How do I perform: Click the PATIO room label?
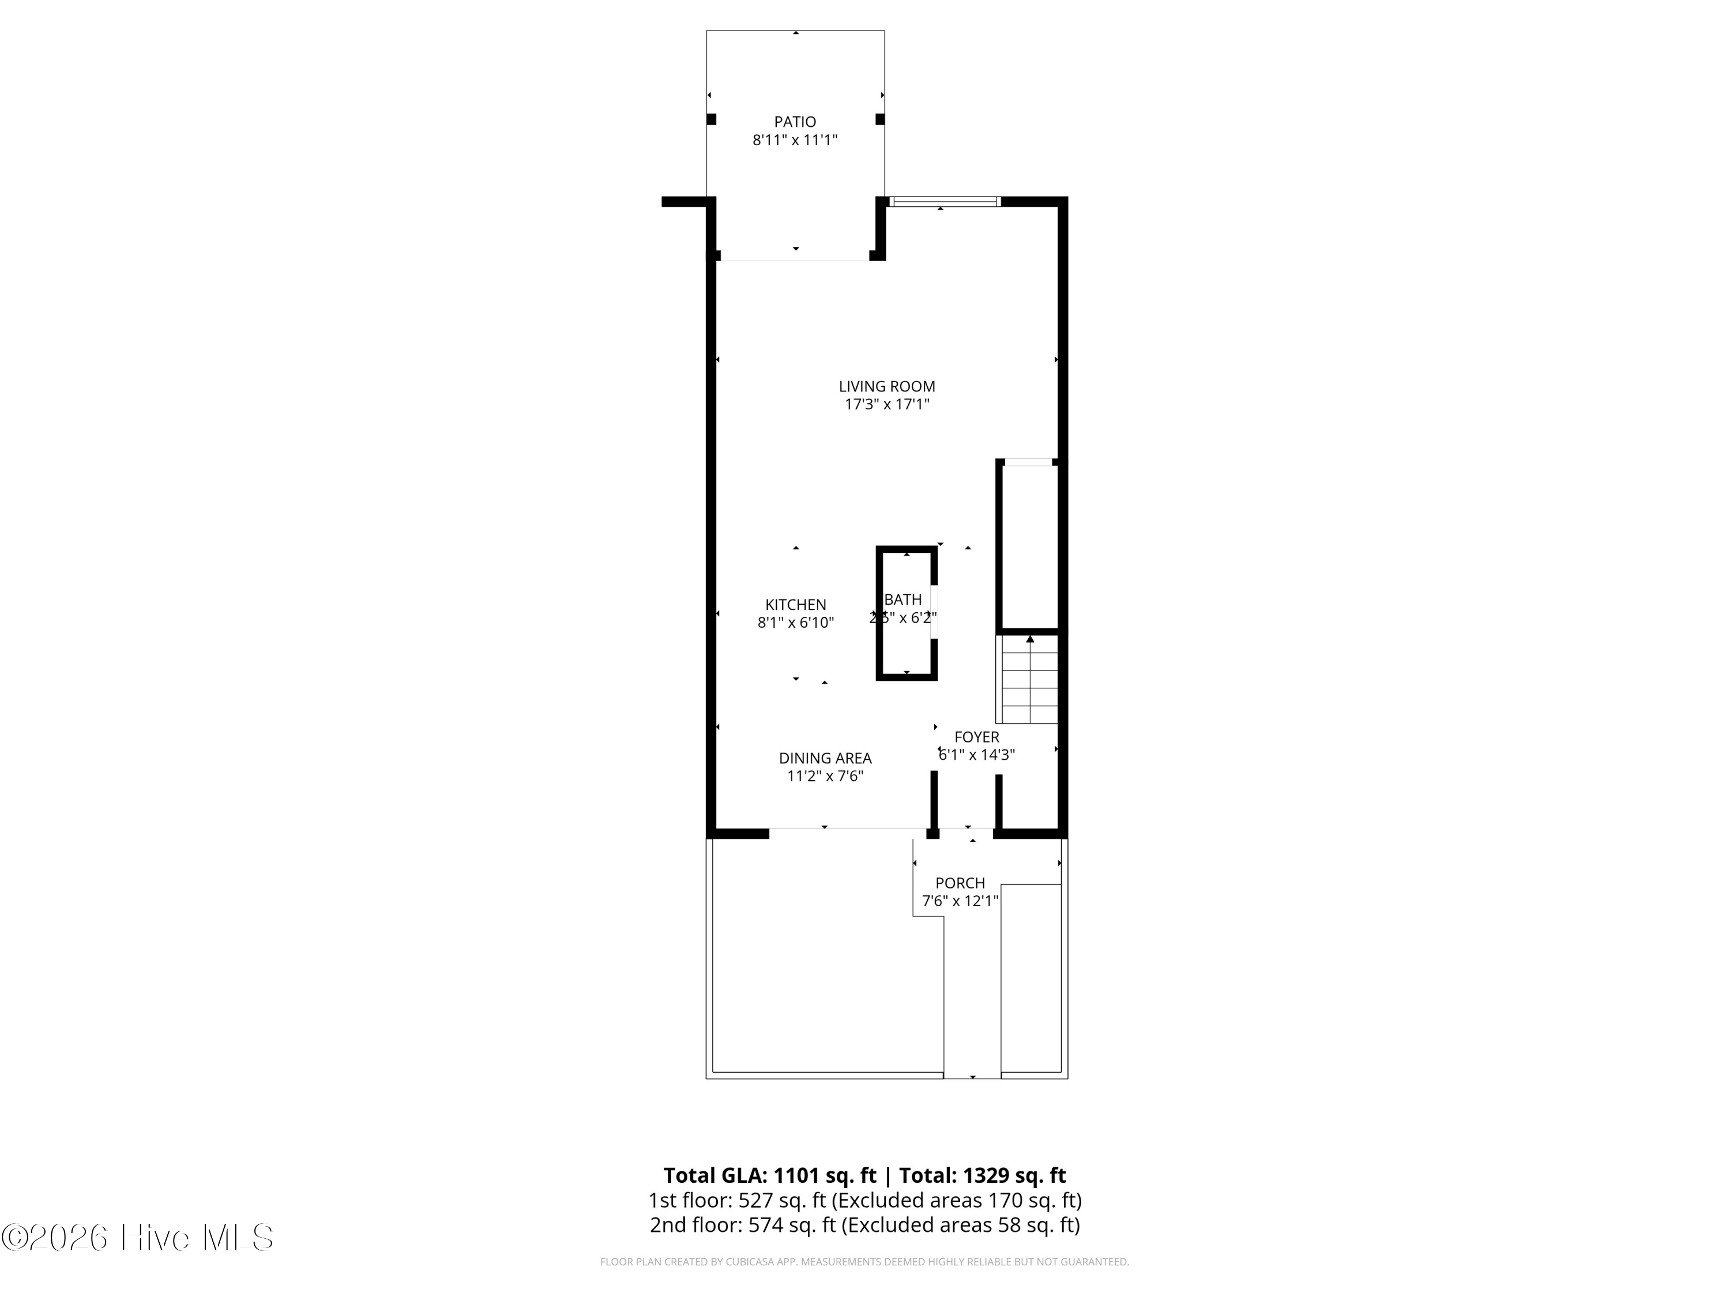pos(795,122)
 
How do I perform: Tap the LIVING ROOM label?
pos(887,386)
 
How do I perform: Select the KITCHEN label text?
pos(795,604)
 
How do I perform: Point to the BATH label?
pos(903,600)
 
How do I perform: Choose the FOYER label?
pos(977,737)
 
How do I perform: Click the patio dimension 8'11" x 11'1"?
pos(795,141)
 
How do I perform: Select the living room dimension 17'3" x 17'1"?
pos(887,404)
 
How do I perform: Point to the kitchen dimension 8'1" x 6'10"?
pos(795,623)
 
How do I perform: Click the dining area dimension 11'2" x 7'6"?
pos(825,776)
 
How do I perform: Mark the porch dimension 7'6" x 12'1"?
pos(960,900)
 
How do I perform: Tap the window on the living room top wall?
pos(945,202)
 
